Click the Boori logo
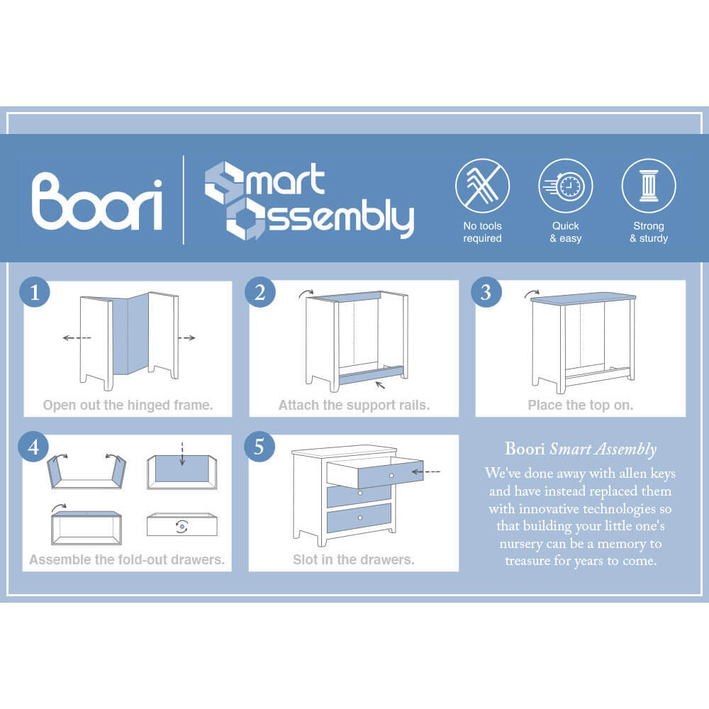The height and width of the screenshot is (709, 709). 96,201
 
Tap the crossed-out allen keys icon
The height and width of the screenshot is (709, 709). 482,186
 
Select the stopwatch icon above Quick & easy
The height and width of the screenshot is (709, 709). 565,186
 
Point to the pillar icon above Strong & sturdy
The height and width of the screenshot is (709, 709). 649,186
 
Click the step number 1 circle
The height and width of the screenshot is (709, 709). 35,292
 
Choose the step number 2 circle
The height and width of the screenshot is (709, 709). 260,292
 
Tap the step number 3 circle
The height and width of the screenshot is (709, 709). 486,292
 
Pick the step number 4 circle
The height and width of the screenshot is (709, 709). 33,447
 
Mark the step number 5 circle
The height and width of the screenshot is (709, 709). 259,447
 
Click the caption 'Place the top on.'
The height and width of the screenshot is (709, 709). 581,405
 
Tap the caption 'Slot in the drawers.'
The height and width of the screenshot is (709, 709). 354,560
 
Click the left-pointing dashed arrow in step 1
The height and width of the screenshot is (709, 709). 77,337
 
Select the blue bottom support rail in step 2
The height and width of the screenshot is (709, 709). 371,375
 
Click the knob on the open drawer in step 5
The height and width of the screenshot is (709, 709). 391,475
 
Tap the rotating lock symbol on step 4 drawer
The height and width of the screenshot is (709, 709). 182,526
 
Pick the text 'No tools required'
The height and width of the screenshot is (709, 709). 482,232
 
